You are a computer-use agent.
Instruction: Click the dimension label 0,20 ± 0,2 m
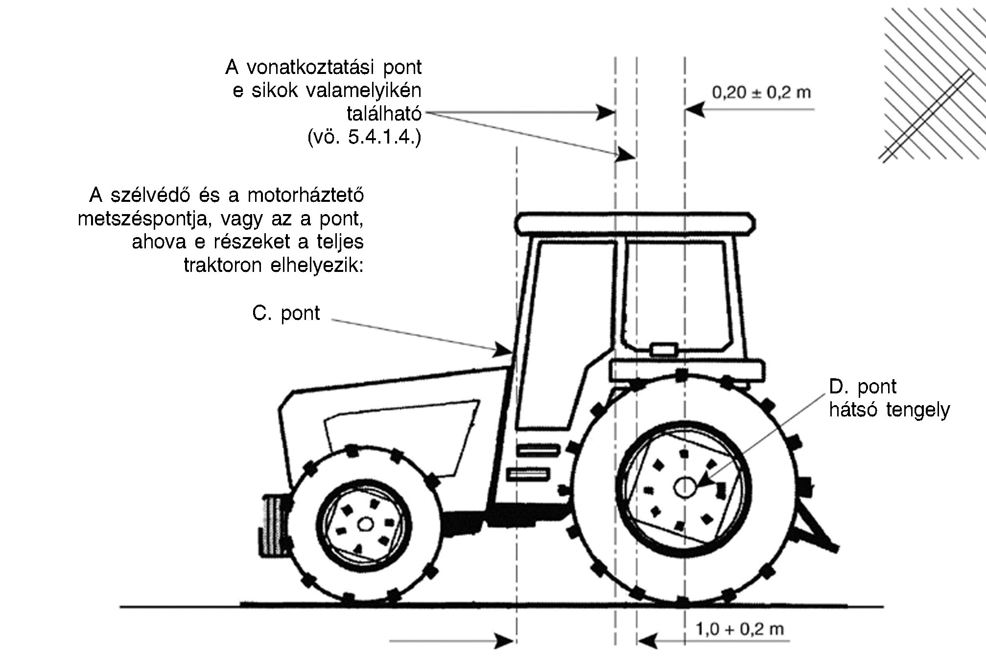point(761,92)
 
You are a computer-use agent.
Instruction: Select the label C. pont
point(286,313)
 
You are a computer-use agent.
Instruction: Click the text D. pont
point(863,387)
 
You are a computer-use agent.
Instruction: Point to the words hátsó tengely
point(889,409)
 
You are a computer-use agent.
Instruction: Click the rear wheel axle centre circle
point(684,487)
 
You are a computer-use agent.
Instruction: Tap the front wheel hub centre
point(365,524)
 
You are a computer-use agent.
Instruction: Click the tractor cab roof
point(634,223)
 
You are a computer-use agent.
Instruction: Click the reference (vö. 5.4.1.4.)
point(364,137)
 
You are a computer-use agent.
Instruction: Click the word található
point(384,114)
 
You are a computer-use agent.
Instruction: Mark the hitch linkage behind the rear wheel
point(818,529)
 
